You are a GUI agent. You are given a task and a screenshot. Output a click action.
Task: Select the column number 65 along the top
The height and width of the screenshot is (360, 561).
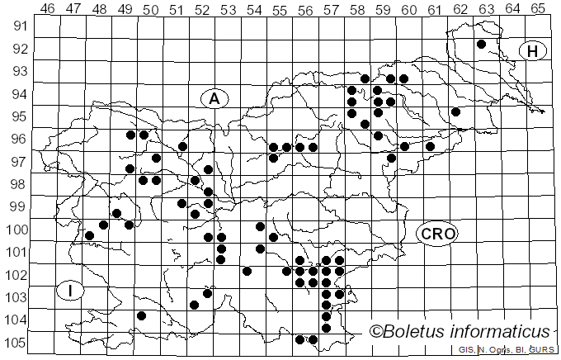[x=538, y=8]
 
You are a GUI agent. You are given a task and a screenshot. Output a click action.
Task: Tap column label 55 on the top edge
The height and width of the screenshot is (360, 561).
[x=280, y=8]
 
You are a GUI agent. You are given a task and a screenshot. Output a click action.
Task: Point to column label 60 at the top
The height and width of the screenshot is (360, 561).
[x=408, y=8]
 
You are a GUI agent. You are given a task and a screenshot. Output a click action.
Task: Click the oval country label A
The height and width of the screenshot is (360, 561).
[x=214, y=99]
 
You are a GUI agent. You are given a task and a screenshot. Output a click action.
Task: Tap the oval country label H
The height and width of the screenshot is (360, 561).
[x=533, y=51]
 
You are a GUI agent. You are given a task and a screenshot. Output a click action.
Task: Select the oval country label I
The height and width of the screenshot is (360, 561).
[x=72, y=291]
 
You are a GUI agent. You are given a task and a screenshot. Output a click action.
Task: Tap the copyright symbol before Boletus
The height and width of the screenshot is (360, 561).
[x=375, y=332]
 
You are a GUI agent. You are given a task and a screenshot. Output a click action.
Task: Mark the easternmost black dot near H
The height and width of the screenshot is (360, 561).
[x=481, y=44]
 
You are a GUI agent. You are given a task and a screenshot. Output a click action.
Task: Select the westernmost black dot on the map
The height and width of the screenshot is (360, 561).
[x=90, y=235]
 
